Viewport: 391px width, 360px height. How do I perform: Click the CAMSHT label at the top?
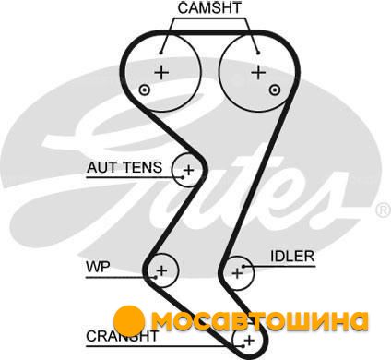click(x=209, y=7)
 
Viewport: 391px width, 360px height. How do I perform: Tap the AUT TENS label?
click(x=124, y=167)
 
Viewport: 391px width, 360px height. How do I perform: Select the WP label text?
click(x=98, y=267)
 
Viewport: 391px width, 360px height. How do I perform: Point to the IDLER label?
click(x=292, y=256)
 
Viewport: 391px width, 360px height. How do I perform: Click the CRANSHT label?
click(x=122, y=336)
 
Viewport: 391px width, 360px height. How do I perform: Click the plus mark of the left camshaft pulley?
click(x=161, y=73)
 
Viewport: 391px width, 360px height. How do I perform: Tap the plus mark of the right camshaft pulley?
click(x=258, y=73)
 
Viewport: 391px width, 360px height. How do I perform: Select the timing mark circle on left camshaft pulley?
click(x=145, y=90)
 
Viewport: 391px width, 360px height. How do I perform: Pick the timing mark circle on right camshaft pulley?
click(x=275, y=90)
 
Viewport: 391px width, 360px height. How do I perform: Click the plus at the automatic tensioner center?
click(x=188, y=170)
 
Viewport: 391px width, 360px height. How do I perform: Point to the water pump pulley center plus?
click(x=161, y=270)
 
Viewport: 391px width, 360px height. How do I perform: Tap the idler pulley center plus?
click(x=237, y=273)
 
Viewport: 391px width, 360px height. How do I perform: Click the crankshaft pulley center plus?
click(x=249, y=341)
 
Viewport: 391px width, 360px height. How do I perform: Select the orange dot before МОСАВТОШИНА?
click(x=129, y=321)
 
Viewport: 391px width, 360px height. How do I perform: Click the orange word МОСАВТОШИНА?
click(x=260, y=321)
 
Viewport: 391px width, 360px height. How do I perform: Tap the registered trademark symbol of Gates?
click(x=384, y=210)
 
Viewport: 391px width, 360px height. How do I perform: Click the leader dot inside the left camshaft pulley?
click(x=160, y=53)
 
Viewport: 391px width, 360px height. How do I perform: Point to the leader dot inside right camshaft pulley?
click(x=258, y=53)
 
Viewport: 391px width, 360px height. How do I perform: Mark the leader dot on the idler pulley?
click(x=243, y=267)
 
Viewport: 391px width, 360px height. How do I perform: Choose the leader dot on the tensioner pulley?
click(x=183, y=177)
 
